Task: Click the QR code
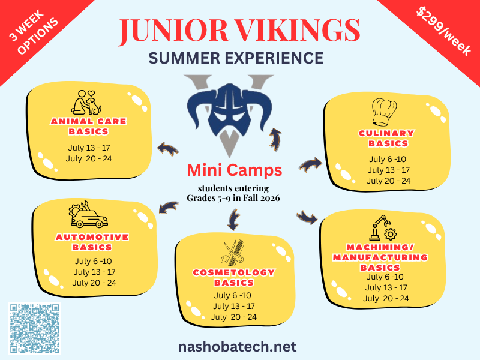pyautogui.click(x=35, y=329)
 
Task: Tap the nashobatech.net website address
pyautogui.click(x=237, y=347)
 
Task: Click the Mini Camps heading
pyautogui.click(x=235, y=170)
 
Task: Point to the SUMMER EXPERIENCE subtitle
pyautogui.click(x=236, y=58)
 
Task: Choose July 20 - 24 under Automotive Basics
pyautogui.click(x=95, y=283)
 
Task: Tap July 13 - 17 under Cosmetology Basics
pyautogui.click(x=234, y=306)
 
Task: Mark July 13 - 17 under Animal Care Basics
pyautogui.click(x=89, y=148)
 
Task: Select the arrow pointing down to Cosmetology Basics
pyautogui.click(x=232, y=221)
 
